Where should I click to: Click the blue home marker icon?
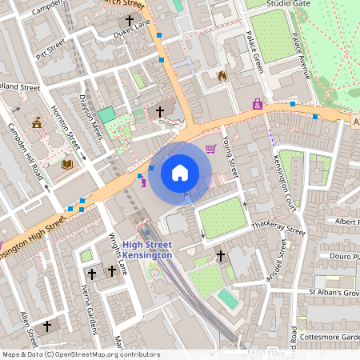click(x=180, y=172)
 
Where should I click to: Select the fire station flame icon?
click(x=222, y=76)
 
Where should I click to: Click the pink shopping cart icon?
click(x=211, y=148)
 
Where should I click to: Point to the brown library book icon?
click(x=67, y=164)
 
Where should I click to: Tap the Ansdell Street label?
click(x=275, y=267)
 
